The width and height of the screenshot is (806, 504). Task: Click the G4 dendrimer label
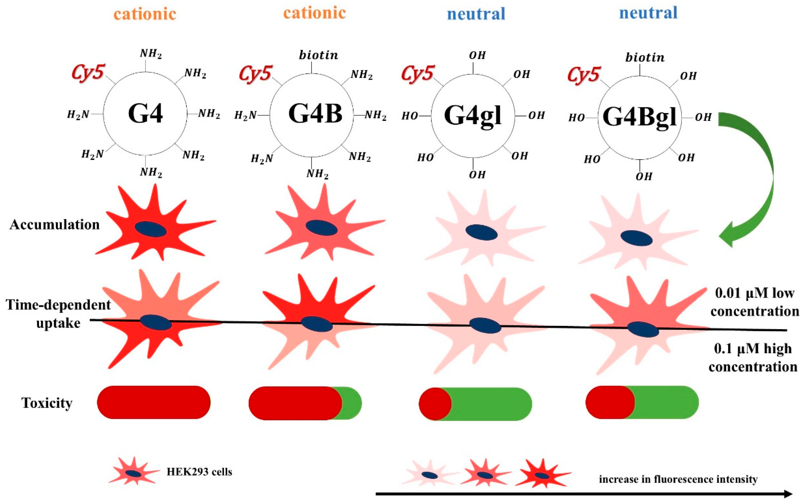point(145,114)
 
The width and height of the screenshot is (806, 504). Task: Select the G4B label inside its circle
point(315,114)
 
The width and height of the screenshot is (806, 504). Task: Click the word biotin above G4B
point(318,55)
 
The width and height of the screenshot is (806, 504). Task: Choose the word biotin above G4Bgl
point(645,58)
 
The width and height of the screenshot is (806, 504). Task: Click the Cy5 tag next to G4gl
point(418,73)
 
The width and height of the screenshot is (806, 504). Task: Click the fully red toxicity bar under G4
point(154,402)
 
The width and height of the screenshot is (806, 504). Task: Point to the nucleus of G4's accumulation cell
point(150,229)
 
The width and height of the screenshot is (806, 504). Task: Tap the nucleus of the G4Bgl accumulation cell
point(636,238)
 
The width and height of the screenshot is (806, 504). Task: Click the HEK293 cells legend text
point(199,472)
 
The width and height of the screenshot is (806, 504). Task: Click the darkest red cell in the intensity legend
point(542,475)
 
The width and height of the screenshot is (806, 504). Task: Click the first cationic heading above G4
point(145,14)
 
